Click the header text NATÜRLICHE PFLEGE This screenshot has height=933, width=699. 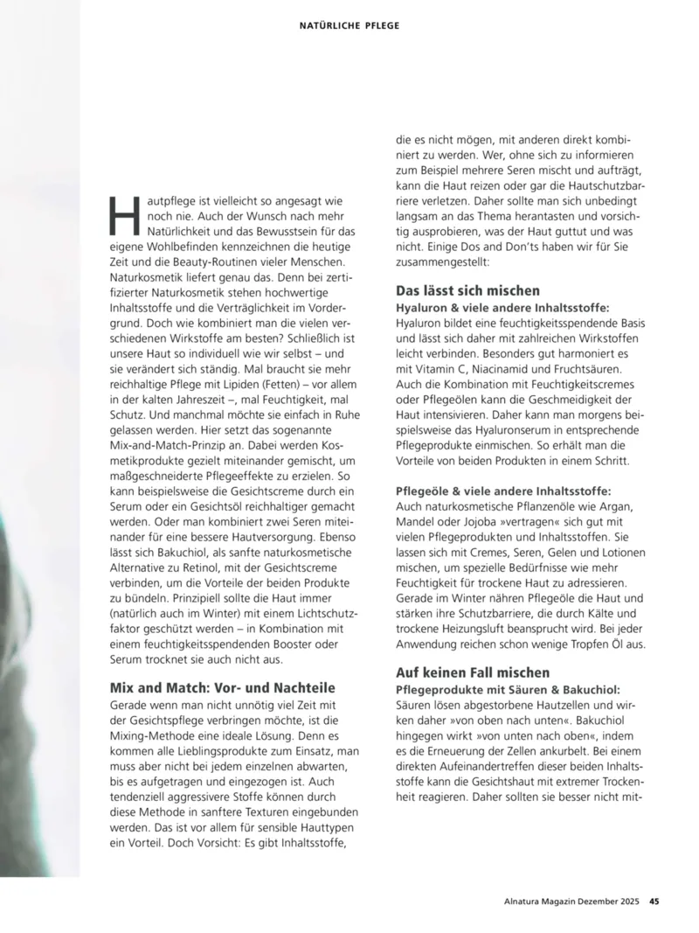pyautogui.click(x=349, y=25)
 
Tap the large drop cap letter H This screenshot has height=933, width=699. pyautogui.click(x=123, y=215)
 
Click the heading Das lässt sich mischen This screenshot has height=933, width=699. pyautogui.click(x=467, y=290)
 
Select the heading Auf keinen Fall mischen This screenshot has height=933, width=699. pyautogui.click(x=473, y=672)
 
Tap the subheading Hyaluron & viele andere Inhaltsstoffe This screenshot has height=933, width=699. pyautogui.click(x=502, y=308)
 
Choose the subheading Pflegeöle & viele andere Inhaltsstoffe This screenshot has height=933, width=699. pyautogui.click(x=503, y=491)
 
